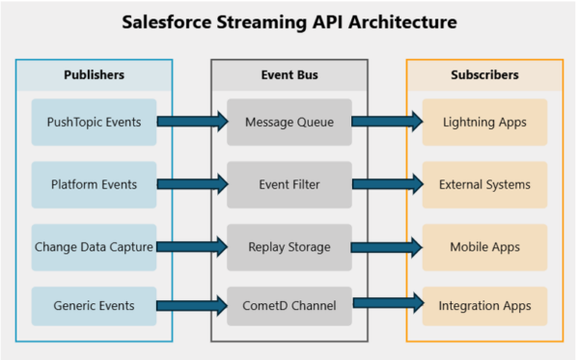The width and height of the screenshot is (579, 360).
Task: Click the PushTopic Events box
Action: click(x=94, y=122)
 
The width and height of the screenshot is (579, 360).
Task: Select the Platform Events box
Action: click(x=94, y=184)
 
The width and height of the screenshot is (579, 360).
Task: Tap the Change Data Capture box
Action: click(x=94, y=247)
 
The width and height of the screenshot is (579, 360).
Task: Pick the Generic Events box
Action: click(x=94, y=306)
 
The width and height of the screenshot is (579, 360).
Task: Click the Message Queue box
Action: click(x=289, y=122)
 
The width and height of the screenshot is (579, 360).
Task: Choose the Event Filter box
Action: click(x=289, y=184)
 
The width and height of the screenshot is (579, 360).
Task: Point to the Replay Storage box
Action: click(x=289, y=247)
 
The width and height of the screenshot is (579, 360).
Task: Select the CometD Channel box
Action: click(x=289, y=306)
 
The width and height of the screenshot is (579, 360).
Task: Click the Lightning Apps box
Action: click(x=485, y=122)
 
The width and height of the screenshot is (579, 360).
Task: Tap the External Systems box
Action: click(x=485, y=184)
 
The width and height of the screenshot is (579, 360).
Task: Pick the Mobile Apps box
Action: click(x=485, y=247)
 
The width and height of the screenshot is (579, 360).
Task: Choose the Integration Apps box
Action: click(x=485, y=306)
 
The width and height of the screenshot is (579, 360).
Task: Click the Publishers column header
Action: click(x=94, y=74)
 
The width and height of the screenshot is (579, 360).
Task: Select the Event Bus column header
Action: click(x=289, y=74)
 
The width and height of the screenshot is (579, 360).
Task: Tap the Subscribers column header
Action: click(x=485, y=74)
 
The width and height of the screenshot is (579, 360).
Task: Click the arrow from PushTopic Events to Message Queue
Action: click(x=191, y=122)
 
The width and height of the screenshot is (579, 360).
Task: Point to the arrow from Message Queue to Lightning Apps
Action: click(x=387, y=122)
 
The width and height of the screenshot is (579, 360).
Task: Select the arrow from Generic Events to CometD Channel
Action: click(x=191, y=306)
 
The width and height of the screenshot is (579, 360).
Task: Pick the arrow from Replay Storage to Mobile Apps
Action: click(x=387, y=247)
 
